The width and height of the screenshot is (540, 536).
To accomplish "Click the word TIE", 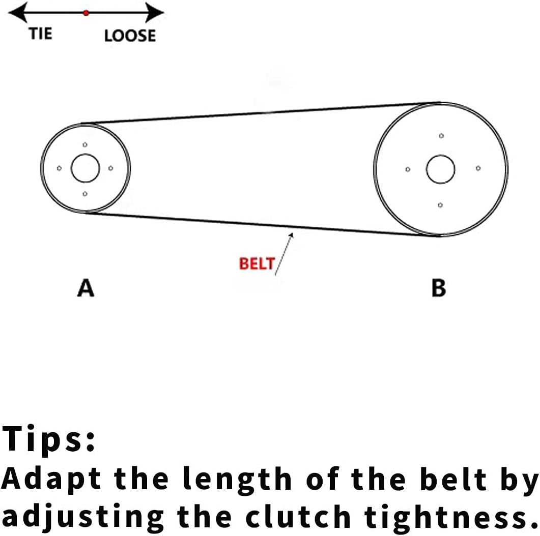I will point(40,34).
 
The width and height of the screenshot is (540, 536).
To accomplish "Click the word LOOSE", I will point(130,36).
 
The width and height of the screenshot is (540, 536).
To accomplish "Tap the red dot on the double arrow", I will point(86,13).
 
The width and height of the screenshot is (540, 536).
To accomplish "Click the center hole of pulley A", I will point(85,168).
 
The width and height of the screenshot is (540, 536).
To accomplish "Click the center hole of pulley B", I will point(441,169).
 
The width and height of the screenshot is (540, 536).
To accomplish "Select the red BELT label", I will point(257,264).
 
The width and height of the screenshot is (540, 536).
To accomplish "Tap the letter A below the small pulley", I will point(86,288).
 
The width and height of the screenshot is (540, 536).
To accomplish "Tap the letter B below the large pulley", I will point(439,288).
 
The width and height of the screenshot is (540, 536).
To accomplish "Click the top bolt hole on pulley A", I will point(85,145).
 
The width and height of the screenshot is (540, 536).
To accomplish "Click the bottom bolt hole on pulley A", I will point(84,194).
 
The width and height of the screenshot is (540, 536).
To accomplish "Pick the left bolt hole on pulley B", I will point(408,169).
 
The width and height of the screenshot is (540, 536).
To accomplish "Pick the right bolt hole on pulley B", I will point(478,168).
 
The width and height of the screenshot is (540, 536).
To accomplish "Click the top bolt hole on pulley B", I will point(441,136).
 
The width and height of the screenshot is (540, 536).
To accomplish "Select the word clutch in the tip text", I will point(300,516).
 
